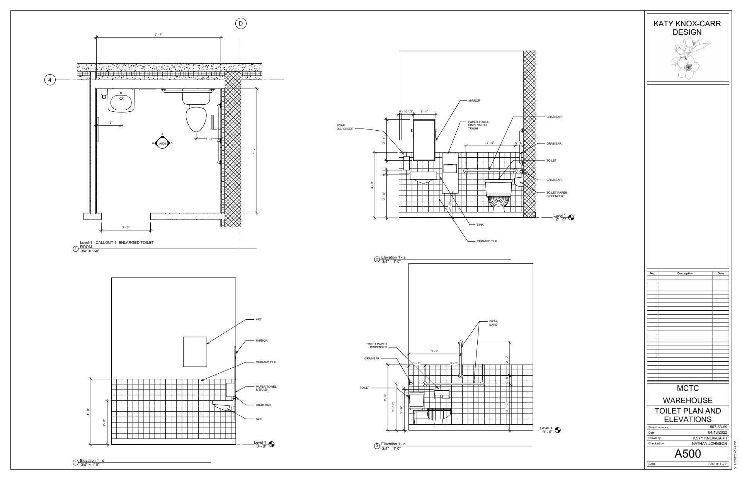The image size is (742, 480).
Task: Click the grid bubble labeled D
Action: (x=241, y=24)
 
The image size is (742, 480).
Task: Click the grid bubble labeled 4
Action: (x=49, y=80)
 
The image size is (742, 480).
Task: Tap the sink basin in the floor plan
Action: (x=121, y=102)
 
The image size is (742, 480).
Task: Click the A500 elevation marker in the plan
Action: (x=162, y=143)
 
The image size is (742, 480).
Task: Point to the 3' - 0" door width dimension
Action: (x=125, y=227)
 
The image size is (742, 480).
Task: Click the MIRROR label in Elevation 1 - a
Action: (x=474, y=100)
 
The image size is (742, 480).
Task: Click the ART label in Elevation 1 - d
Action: (x=259, y=320)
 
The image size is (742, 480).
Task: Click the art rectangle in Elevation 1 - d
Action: (x=195, y=352)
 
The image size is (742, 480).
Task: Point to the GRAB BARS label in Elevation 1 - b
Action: (x=494, y=323)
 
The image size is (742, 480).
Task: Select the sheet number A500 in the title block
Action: (x=688, y=454)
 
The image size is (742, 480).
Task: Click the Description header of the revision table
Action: (x=685, y=273)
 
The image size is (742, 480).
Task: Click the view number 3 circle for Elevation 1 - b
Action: (x=377, y=446)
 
